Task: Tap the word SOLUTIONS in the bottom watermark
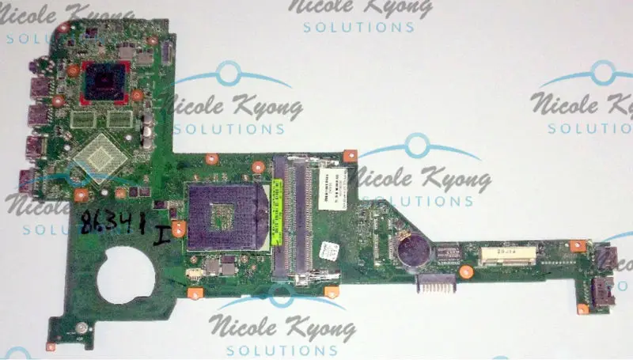click(x=283, y=349)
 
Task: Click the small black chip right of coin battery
click(x=449, y=253)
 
